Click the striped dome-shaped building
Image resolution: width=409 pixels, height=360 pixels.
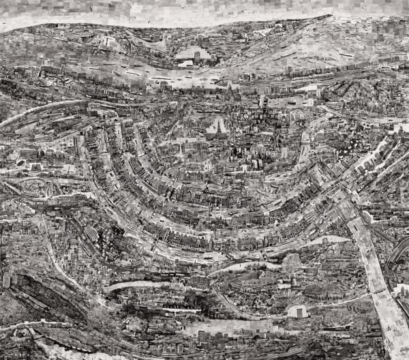[91, 233]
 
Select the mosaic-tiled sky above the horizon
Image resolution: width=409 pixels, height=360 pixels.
[204, 10]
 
